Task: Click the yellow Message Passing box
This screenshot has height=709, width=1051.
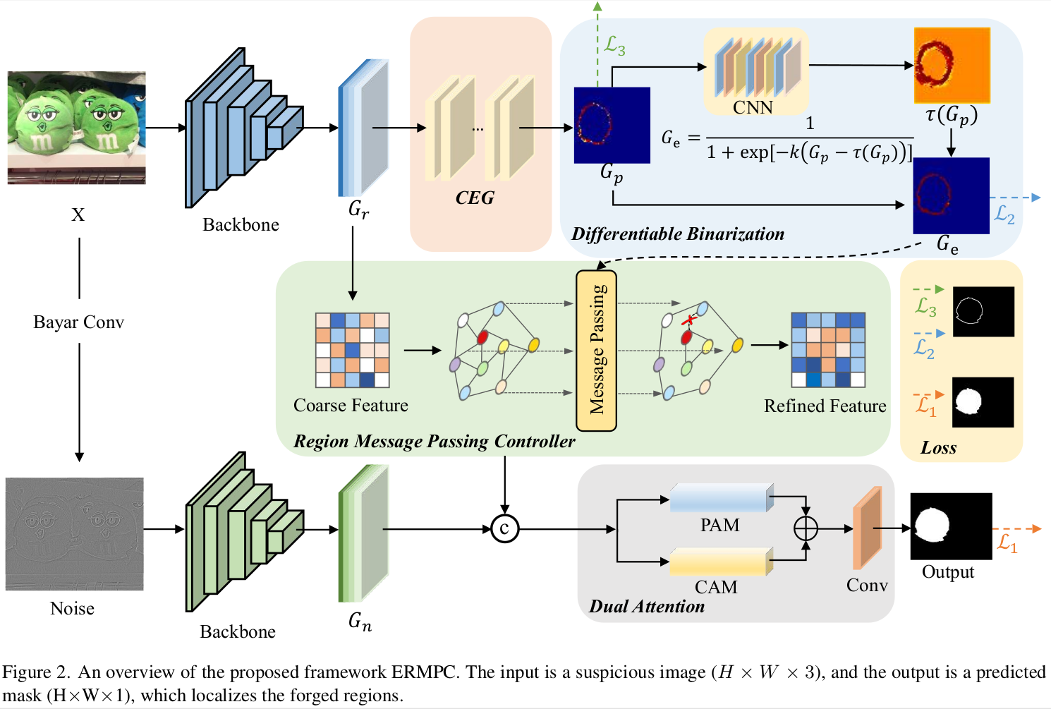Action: (597, 351)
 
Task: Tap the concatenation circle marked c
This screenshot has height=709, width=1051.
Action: (504, 528)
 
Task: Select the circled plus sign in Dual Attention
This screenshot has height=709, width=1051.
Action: (806, 528)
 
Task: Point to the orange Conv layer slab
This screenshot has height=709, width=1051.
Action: (867, 528)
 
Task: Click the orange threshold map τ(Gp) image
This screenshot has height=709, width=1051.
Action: (952, 66)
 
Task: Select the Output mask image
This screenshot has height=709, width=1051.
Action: (951, 527)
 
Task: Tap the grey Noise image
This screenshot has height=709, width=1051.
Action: (75, 534)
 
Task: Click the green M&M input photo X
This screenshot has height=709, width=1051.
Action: (77, 128)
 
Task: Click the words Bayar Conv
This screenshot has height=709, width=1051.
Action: (78, 322)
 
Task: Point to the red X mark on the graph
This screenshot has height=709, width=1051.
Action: (688, 320)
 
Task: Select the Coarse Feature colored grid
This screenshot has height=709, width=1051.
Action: (352, 351)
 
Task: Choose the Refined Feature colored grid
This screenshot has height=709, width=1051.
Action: (828, 350)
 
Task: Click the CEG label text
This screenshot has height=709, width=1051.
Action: (475, 198)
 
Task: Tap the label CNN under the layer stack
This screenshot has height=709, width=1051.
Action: (753, 108)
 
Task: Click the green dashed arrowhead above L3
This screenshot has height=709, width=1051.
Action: (597, 6)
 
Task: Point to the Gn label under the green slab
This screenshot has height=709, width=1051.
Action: (360, 622)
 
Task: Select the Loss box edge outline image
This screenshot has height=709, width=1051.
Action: (983, 311)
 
